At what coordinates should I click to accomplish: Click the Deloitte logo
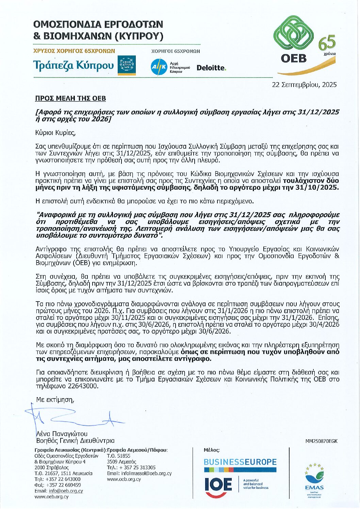coord(211,68)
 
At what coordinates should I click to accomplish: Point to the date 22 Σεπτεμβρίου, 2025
coord(304,85)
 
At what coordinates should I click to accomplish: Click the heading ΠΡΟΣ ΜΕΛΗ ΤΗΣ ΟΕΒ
coord(70,99)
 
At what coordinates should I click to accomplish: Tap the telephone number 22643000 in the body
coord(84,386)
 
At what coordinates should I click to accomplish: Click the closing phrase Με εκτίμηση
coord(55,400)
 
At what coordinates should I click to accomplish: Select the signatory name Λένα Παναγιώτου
coord(62,434)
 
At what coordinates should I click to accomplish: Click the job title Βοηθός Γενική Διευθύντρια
coord(75,441)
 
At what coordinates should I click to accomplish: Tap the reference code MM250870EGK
coord(321,441)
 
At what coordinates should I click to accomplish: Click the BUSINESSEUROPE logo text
coord(240,462)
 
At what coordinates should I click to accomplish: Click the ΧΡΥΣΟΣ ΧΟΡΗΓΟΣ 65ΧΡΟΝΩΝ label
coord(74,51)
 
